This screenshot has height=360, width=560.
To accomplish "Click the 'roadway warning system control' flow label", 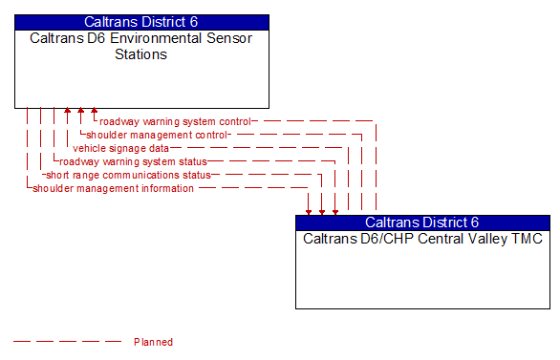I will tap(175, 121).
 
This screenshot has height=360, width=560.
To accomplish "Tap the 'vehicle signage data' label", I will tap(120, 148).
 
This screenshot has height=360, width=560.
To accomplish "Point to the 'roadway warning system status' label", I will tap(133, 161).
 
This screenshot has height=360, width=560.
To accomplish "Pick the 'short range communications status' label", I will tap(128, 175).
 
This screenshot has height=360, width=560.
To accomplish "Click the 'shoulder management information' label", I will tap(113, 188).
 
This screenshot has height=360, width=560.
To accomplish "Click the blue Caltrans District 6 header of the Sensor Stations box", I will tap(141, 21).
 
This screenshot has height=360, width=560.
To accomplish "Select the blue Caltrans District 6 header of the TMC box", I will tap(422, 222).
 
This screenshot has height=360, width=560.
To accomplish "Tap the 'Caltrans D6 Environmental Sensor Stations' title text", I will tap(141, 46).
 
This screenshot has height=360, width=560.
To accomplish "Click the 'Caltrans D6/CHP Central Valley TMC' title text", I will tap(422, 239).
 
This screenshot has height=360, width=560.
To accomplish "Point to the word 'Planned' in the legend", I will tap(153, 342).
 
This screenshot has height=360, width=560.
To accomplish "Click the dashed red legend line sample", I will tap(67, 342).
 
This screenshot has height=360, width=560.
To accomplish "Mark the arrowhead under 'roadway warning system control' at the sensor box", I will tap(94, 112).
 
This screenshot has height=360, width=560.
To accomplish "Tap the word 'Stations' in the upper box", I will tap(141, 54).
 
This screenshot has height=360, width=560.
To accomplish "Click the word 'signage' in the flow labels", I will tap(125, 148).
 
